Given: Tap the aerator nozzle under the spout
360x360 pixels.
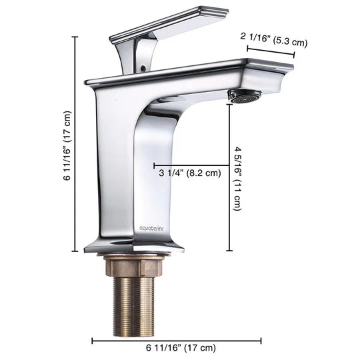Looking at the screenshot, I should (x=242, y=97).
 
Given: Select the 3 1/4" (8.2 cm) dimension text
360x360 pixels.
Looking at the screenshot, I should (x=189, y=173).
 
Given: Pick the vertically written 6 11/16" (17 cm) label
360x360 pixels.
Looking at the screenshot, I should (x=67, y=145).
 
